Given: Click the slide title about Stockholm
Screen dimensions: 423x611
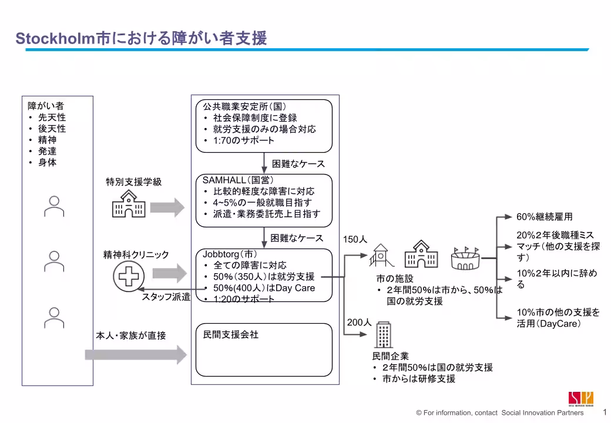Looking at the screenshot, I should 141,38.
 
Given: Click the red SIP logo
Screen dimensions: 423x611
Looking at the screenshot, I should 580,398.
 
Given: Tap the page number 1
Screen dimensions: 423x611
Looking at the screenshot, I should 605,412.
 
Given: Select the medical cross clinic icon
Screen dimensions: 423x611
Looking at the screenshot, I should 127,274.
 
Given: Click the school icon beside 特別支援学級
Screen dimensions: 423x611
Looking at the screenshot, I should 128,204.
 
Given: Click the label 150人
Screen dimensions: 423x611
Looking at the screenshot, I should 355,240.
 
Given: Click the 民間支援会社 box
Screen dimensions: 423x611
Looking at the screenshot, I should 264,350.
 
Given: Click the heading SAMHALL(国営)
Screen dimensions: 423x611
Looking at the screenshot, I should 238,180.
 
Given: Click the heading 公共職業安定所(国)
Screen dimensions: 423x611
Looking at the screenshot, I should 244,107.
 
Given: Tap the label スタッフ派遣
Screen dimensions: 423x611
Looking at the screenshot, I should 166,297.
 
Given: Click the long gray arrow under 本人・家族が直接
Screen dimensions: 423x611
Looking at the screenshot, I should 136,355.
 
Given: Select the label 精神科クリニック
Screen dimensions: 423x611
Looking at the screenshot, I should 136,254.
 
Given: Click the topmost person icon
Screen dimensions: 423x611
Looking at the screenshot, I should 54,206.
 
